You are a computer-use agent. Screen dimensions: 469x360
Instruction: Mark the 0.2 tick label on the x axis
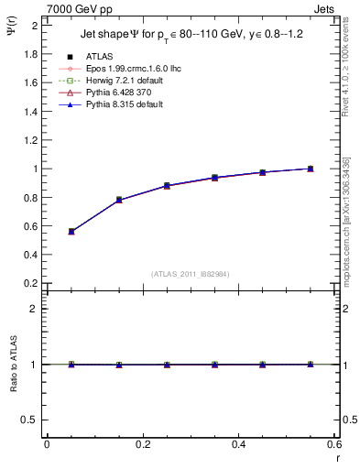[x=142, y=444]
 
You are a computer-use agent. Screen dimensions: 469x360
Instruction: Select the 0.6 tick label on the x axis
[x=334, y=444]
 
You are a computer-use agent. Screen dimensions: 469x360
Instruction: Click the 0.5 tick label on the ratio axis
[x=30, y=420]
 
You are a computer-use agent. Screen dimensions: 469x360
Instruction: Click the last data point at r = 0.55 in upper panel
[x=311, y=169]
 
